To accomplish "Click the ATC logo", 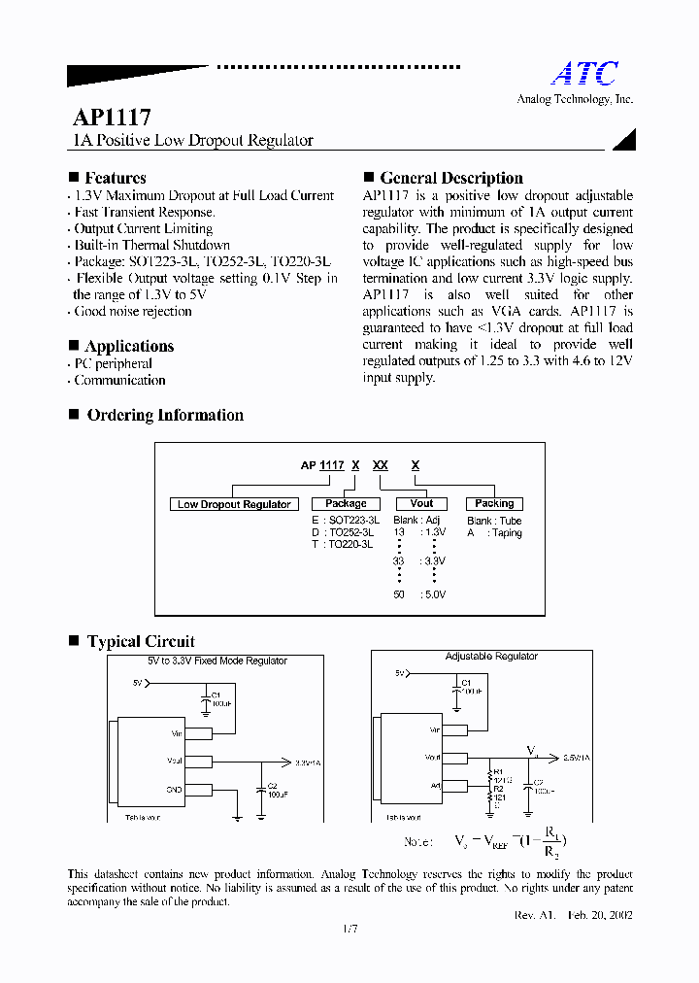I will [x=584, y=74].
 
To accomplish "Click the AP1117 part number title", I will [x=112, y=118].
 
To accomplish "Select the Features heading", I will [x=115, y=178].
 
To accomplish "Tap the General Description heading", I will [x=450, y=178].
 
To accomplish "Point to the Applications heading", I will [x=129, y=346].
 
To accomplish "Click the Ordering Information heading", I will [x=165, y=415].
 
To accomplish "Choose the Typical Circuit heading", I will [x=141, y=641].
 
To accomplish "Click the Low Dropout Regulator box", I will [x=234, y=504].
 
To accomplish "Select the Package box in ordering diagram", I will [x=346, y=504].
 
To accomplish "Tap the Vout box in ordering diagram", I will [x=421, y=504].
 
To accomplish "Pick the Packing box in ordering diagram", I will [x=494, y=504].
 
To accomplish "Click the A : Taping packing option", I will [x=494, y=533].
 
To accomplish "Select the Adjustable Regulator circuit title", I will [x=491, y=657].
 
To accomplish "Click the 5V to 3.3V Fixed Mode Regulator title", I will [x=211, y=661].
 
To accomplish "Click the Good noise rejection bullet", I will [x=133, y=311].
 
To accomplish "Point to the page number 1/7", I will [x=349, y=930].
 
